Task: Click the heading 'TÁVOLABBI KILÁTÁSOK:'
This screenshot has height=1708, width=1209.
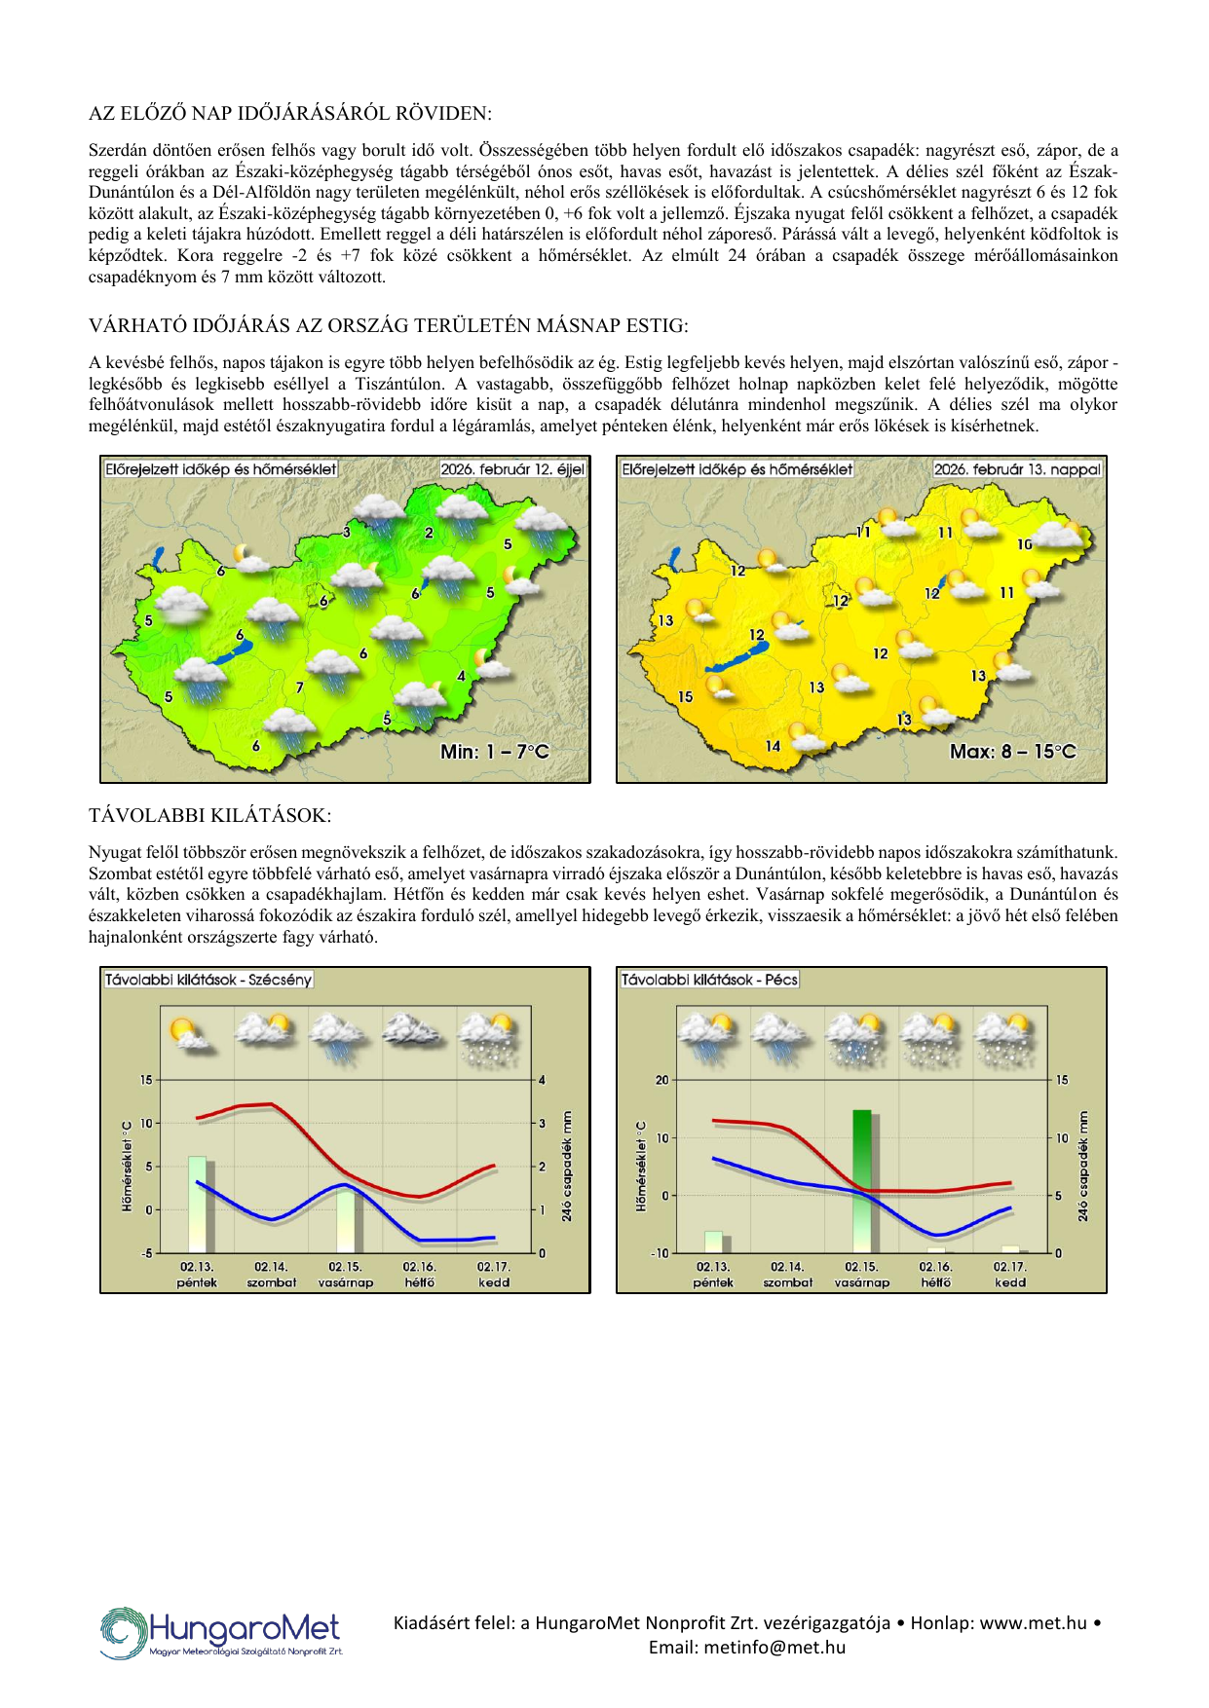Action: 209,816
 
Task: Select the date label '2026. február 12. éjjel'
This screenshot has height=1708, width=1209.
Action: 512,469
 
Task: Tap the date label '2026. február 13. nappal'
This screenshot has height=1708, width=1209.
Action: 1017,469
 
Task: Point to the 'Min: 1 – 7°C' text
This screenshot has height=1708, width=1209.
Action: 495,752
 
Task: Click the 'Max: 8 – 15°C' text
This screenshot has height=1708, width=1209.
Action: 1013,752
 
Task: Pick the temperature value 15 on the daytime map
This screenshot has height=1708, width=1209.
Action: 685,697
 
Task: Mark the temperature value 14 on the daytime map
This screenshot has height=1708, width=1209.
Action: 773,746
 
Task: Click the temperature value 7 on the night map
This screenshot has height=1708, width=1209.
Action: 300,687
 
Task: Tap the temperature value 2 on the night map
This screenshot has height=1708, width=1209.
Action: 429,533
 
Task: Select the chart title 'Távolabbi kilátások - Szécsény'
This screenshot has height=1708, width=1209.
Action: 208,980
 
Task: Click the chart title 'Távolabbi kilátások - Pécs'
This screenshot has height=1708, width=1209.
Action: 709,980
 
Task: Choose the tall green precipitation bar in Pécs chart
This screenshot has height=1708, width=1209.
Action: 862,1180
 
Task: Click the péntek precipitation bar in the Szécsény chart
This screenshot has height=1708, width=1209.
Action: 198,1204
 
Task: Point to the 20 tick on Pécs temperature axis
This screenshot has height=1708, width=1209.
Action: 662,1080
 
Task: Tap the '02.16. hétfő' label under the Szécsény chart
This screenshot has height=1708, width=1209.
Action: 420,1275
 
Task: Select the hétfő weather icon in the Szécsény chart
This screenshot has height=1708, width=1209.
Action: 415,1030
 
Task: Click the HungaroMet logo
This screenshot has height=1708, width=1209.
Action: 221,1633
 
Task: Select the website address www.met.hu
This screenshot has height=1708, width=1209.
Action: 1033,1623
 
